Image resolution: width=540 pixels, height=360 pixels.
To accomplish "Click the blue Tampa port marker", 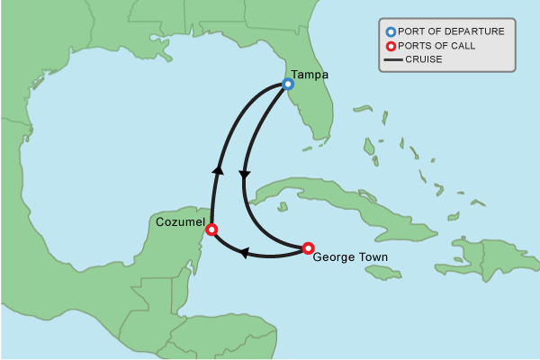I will (288, 84).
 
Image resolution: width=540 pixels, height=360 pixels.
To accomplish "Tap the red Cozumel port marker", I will (212, 229).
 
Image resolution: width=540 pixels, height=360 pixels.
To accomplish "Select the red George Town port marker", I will (308, 248).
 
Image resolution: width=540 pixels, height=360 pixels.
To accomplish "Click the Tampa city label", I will (309, 75).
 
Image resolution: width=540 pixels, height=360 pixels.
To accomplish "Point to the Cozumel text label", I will (181, 222).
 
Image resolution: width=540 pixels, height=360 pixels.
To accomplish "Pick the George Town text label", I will (350, 257).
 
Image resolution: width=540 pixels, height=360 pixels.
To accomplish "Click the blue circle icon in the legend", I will (391, 31).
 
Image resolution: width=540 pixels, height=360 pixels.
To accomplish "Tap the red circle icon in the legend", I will (391, 46).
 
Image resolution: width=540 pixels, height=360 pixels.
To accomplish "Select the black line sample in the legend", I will (392, 60).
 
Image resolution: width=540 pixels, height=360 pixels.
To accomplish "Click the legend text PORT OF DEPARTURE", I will (451, 31).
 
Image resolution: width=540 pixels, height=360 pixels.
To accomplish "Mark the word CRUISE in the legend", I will (424, 60).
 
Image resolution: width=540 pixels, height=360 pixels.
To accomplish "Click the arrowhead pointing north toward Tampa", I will (217, 168).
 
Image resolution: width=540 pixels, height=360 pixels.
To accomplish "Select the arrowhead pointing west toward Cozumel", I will (243, 254).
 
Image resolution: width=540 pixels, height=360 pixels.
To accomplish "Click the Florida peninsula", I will (315, 108).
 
